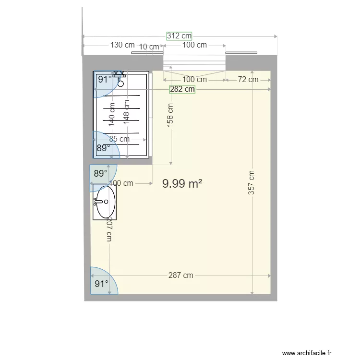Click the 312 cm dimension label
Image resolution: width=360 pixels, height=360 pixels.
[x=180, y=36]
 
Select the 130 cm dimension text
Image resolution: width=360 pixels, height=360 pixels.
[x=122, y=45]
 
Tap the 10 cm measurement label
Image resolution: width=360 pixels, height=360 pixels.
[x=149, y=47]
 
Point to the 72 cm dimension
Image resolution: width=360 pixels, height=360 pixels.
[x=248, y=80]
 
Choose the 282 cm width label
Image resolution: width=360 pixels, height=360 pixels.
[x=182, y=89]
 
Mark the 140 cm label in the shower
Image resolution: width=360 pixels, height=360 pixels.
[x=112, y=114]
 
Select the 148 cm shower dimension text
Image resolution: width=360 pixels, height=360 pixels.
[x=126, y=111]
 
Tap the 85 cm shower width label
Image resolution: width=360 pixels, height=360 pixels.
[x=119, y=139]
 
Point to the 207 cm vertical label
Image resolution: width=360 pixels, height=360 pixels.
[x=109, y=230]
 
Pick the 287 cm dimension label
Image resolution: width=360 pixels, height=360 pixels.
[x=181, y=276]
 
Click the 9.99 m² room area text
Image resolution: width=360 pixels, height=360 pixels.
[x=182, y=183]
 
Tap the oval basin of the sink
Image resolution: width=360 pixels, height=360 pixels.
[x=105, y=202]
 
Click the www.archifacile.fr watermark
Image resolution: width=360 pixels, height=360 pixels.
[x=307, y=353]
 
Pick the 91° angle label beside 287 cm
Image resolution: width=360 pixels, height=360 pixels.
[x=101, y=284]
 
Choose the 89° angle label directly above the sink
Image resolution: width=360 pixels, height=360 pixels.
[x=100, y=174]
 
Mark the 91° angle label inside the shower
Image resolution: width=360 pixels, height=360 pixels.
[x=105, y=80]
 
